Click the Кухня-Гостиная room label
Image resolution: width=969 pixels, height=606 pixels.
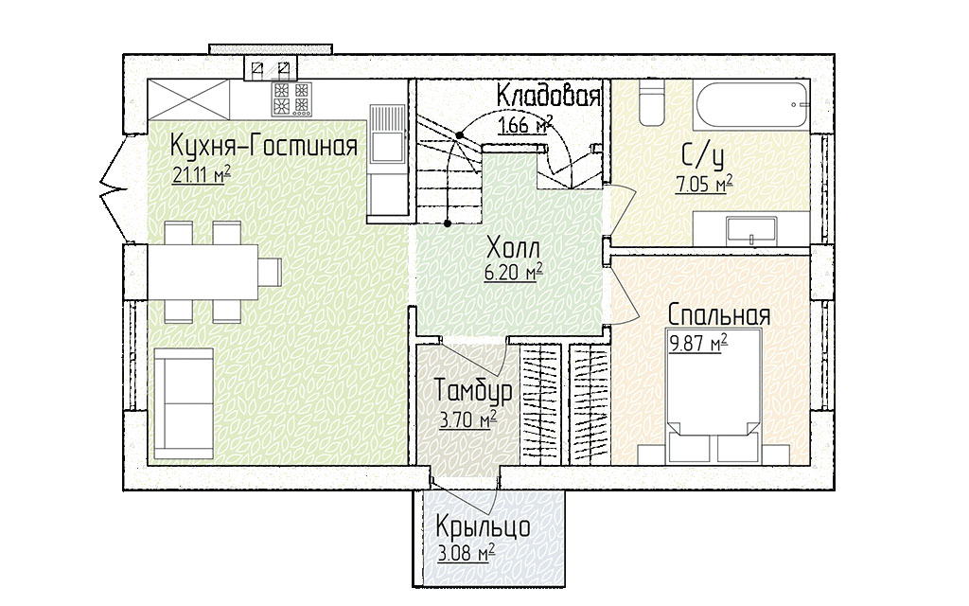click(264, 147)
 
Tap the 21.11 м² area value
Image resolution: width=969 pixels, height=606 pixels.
click(203, 175)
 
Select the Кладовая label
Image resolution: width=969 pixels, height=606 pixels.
click(548, 97)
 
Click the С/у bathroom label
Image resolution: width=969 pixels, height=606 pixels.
click(703, 156)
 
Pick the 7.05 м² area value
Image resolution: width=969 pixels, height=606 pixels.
click(704, 185)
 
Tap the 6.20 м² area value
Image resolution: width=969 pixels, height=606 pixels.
click(514, 272)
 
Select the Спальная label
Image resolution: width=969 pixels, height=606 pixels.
click(719, 314)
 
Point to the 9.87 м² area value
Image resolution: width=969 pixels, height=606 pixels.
click(698, 343)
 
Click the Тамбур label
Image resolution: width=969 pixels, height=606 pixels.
click(473, 391)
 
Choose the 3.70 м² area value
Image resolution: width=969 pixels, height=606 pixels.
click(467, 420)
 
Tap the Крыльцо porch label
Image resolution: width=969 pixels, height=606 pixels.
click(484, 527)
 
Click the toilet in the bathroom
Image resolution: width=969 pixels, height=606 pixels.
click(650, 101)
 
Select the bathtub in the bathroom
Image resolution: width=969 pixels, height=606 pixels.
click(751, 104)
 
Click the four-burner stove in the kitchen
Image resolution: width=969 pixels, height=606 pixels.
click(291, 98)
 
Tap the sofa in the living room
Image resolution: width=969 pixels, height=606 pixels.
click(184, 403)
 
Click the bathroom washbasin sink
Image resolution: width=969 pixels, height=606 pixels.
click(751, 229)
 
